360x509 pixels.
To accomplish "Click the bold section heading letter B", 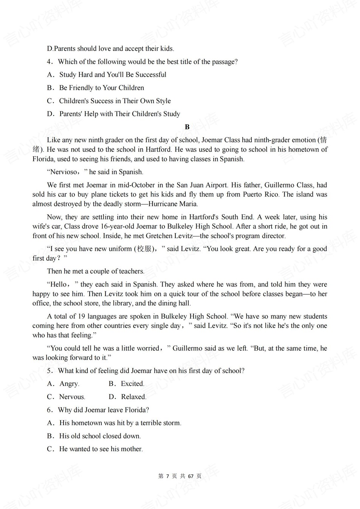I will point(187,127).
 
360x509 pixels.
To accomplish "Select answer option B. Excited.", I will point(126,384).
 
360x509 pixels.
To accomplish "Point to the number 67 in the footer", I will point(191,476).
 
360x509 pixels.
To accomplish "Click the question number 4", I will point(49,62).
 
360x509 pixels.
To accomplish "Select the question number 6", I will point(49,410).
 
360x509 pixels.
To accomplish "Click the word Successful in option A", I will point(151,74).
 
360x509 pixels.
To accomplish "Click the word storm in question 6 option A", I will point(171,423).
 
